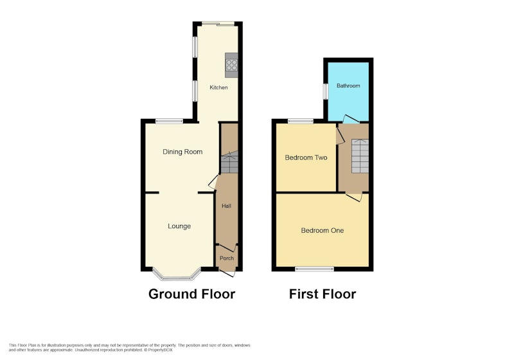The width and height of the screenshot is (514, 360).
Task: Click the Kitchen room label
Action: [218, 87]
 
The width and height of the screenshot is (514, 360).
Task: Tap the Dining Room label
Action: [182, 152]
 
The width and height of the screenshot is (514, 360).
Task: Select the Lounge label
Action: [179, 226]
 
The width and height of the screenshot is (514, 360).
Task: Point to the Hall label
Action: [226, 206]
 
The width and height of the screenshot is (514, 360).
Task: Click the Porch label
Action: [227, 258]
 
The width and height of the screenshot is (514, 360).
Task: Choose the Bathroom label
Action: [348, 86]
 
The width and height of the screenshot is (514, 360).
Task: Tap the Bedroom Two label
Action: [306, 157]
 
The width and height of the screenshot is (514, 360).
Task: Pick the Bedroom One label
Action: [323, 231]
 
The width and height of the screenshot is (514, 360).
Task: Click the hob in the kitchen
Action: [232, 65]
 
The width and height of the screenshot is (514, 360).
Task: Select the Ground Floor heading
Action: [191, 294]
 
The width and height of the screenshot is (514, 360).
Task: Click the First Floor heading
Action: [323, 294]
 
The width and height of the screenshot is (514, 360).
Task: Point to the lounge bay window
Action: [177, 276]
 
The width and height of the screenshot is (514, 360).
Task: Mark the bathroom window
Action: [325, 91]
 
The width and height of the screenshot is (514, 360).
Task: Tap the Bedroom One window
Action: [314, 269]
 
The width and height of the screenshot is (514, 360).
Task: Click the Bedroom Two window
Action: [301, 121]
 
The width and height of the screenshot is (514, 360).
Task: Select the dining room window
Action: [169, 121]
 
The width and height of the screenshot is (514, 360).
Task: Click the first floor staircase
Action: [360, 156]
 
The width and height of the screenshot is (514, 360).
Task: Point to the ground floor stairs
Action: [229, 162]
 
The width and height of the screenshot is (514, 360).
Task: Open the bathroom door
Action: [351, 119]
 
